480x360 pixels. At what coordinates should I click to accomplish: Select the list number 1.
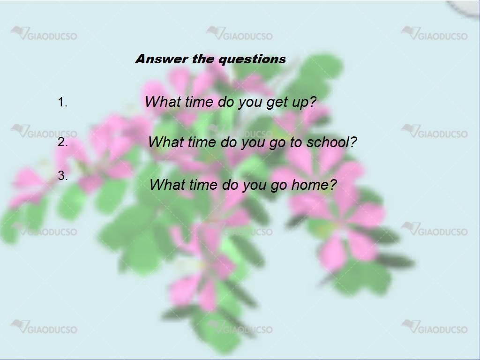(62, 102)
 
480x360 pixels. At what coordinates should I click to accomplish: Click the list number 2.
(63, 142)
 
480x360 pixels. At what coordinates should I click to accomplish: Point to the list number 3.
(63, 176)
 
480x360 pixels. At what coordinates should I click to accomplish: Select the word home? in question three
(314, 185)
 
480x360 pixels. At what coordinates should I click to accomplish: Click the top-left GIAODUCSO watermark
(44, 34)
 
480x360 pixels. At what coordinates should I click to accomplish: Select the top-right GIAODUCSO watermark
(435, 34)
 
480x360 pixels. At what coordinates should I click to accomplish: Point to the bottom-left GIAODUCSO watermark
(44, 327)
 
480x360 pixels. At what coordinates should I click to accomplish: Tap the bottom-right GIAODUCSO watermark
(435, 327)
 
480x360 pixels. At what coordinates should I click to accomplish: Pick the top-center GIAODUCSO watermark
(240, 34)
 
